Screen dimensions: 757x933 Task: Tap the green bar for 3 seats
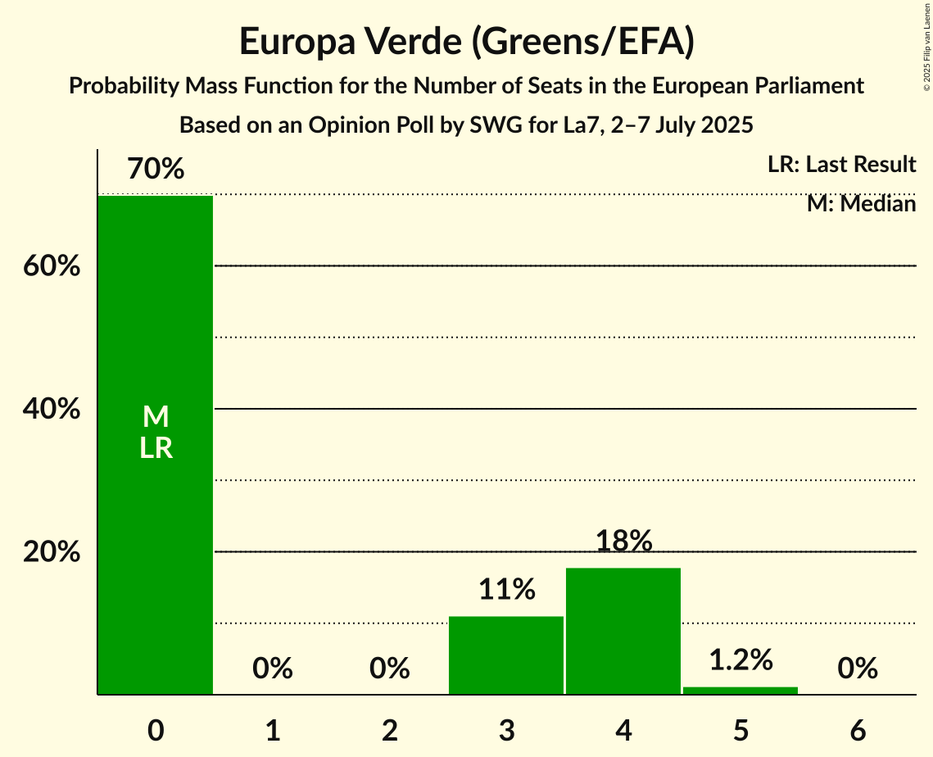coord(506,655)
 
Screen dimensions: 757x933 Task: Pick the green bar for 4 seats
coord(623,631)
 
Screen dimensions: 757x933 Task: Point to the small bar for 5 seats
coord(741,691)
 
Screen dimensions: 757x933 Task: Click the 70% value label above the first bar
coord(156,170)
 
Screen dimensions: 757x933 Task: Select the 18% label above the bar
coord(623,541)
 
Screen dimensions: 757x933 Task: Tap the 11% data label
coord(506,589)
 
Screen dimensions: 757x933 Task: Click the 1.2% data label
coord(741,660)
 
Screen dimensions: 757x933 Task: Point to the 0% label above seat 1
coord(273,669)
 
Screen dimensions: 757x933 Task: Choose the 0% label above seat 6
coord(858,669)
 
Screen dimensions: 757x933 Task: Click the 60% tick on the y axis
coord(52,266)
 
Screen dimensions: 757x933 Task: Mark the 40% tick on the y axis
coord(52,409)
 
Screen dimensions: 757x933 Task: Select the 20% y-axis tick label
coord(52,552)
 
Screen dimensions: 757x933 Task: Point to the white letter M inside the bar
coord(156,417)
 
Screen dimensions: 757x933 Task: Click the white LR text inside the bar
coord(156,448)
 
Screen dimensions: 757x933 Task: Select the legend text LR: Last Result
coord(841,165)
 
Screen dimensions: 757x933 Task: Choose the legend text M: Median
coord(861,203)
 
